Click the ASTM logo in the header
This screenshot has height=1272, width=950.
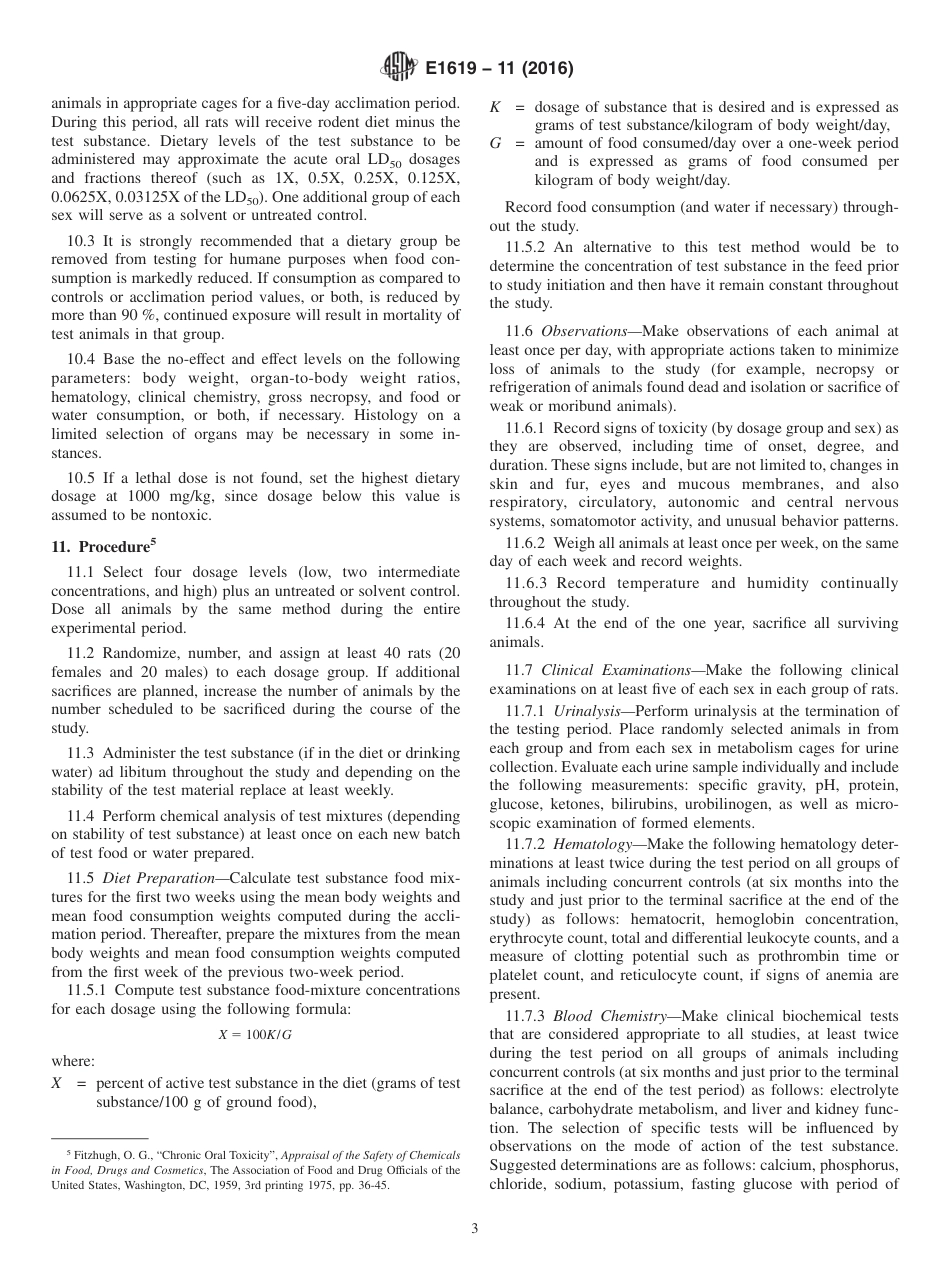click(398, 69)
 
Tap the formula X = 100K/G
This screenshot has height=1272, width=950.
click(255, 1036)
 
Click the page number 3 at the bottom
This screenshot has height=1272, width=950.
click(474, 1228)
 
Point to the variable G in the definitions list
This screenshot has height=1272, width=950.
click(495, 144)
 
